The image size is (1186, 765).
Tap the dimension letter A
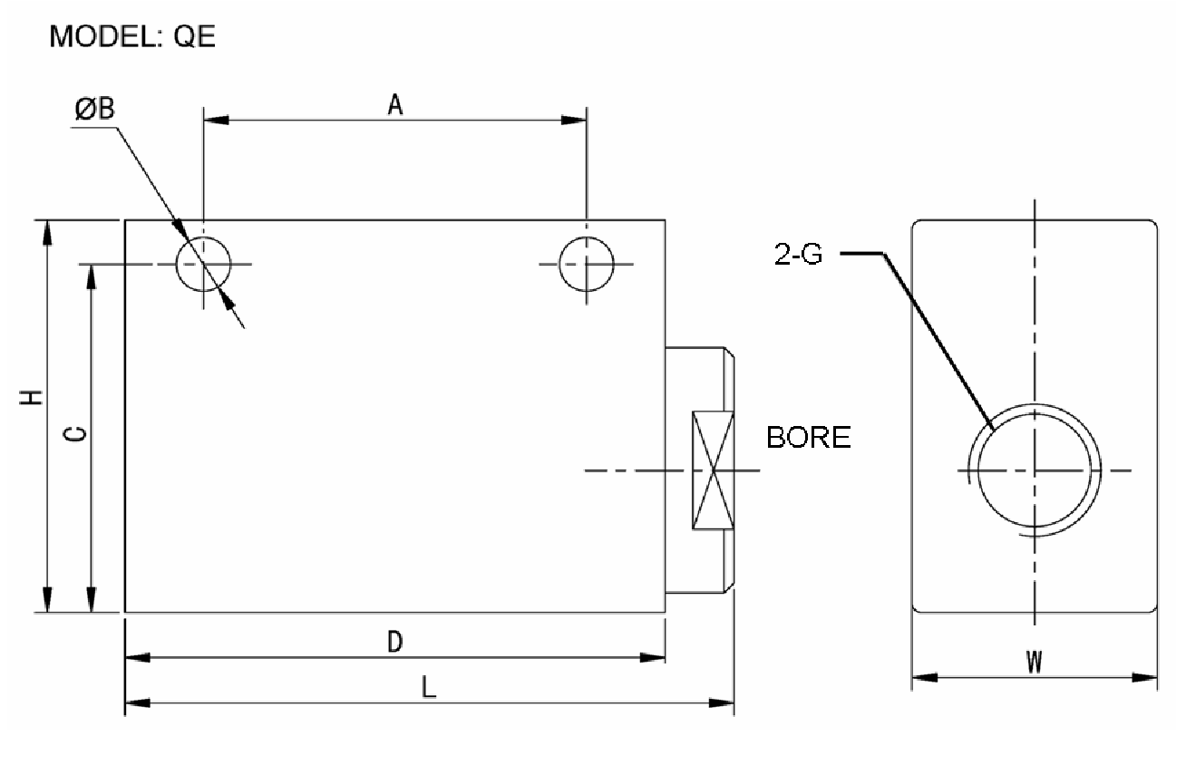point(394,105)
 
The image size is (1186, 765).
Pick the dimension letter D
point(394,643)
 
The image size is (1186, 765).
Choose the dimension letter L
point(429,688)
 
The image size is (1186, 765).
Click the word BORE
point(809,438)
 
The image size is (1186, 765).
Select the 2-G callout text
point(799,255)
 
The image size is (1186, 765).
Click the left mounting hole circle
point(204,264)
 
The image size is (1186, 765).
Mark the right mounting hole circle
point(587,264)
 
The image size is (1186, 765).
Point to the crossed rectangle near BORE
point(714,470)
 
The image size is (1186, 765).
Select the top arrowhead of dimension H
point(47,231)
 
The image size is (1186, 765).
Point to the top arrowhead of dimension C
point(91,276)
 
